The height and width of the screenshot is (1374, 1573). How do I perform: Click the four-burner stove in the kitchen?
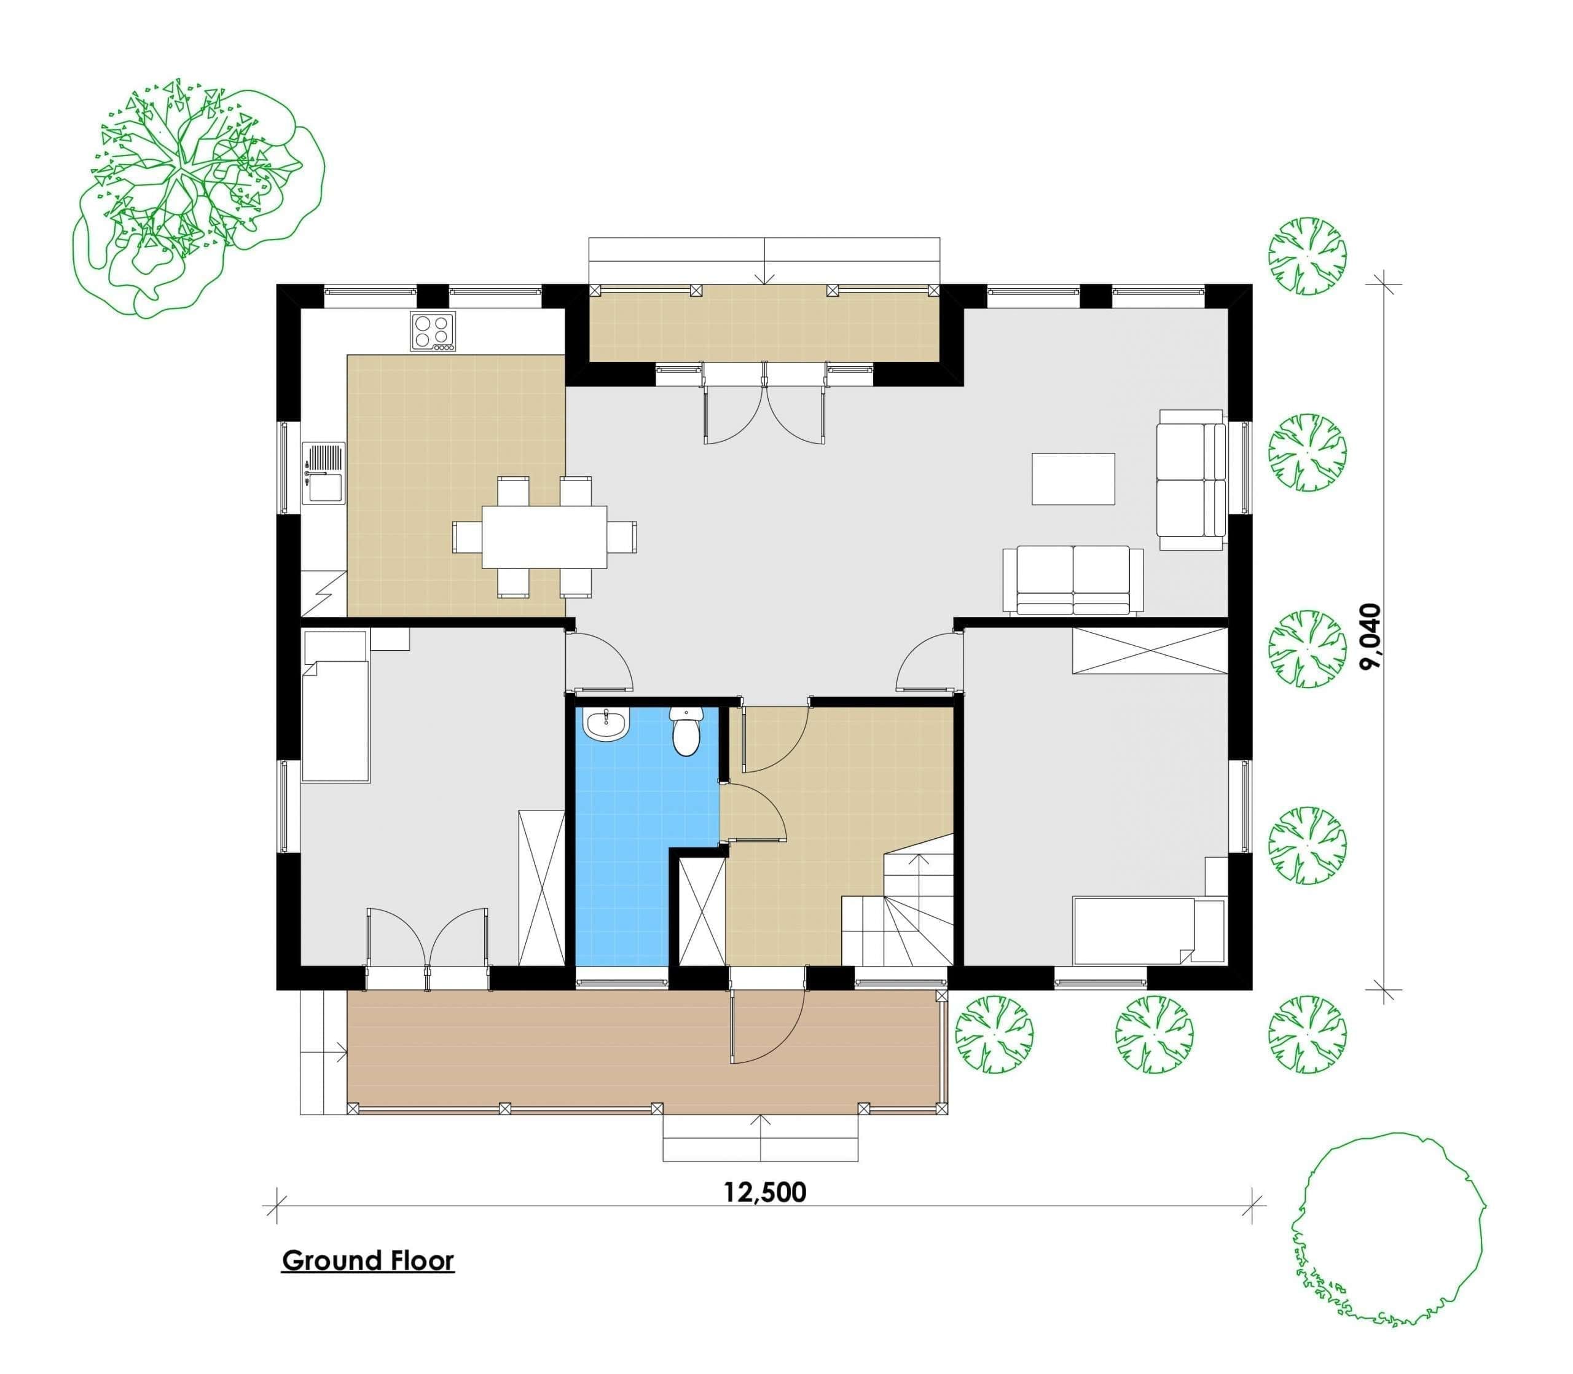(433, 332)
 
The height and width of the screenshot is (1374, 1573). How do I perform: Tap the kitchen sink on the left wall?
(324, 473)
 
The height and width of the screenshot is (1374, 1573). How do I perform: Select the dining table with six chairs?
(544, 536)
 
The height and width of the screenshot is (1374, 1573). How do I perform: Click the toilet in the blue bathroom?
(685, 731)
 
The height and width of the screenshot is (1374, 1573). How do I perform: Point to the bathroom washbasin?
(606, 724)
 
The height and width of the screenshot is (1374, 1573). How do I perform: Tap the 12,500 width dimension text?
(765, 1192)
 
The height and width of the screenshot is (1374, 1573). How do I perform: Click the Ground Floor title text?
(368, 1260)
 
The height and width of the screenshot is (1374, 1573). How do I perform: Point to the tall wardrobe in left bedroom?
(541, 888)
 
